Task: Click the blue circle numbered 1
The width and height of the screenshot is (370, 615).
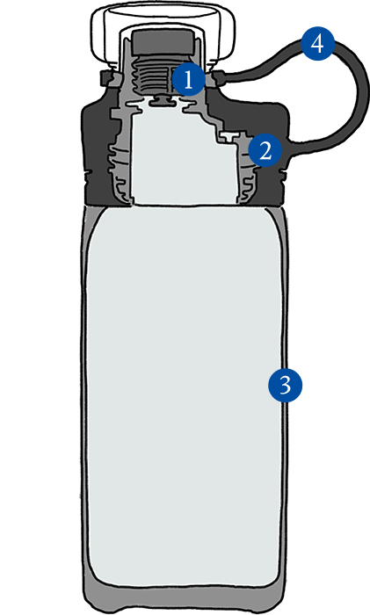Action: pos(189,80)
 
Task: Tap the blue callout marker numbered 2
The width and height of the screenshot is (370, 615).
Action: pos(265,150)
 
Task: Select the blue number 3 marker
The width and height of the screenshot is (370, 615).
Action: pos(286,385)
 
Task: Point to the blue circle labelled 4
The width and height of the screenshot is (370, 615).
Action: pos(318,44)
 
